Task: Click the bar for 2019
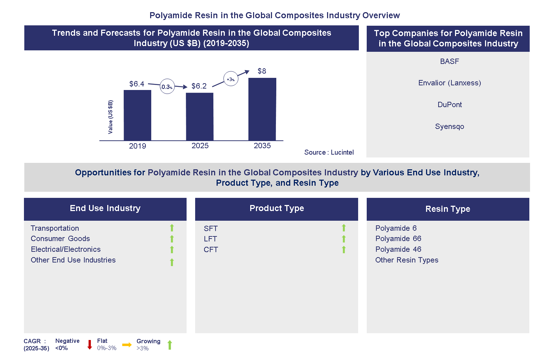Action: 137,115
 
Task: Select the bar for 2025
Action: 199,116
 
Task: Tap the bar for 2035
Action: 262,109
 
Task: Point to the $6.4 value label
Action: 137,84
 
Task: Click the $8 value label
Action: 262,71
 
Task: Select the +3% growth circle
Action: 231,79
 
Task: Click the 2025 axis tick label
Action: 200,146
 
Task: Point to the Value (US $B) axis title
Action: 110,117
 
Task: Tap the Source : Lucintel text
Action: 329,152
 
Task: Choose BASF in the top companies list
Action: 449,61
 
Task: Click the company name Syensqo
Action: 449,126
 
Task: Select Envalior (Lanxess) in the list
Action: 449,83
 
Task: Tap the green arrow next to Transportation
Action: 172,228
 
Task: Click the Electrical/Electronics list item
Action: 66,249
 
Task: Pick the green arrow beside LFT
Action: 344,239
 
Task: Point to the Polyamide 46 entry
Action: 398,249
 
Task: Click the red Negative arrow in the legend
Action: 90,345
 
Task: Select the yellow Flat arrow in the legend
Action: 127,345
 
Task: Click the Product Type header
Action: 277,208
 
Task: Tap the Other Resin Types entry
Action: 407,260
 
